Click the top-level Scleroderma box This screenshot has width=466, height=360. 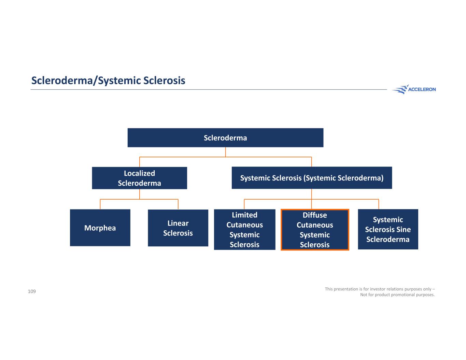pyautogui.click(x=225, y=138)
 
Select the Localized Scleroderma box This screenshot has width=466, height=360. pyautogui.click(x=139, y=178)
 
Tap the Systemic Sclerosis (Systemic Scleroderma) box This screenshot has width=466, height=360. pyautogui.click(x=312, y=178)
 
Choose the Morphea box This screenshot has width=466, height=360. pyautogui.click(x=100, y=228)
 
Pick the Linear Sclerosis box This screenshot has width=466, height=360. pyautogui.click(x=178, y=228)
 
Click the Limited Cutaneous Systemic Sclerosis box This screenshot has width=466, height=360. pyautogui.click(x=244, y=230)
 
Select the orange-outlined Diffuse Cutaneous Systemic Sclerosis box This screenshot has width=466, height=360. pyautogui.click(x=315, y=230)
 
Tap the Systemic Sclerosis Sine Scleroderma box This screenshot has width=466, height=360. pyautogui.click(x=388, y=229)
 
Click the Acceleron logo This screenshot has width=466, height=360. pyautogui.click(x=414, y=89)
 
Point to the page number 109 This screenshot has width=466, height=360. pyautogui.click(x=32, y=291)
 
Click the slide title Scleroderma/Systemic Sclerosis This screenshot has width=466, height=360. pyautogui.click(x=108, y=81)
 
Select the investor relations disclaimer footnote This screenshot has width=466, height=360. pyautogui.click(x=380, y=292)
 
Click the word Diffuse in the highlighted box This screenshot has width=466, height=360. pyautogui.click(x=315, y=215)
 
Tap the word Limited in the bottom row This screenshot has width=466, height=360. pyautogui.click(x=244, y=215)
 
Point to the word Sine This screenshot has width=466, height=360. pyautogui.click(x=404, y=229)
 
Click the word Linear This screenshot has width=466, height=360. pyautogui.click(x=178, y=223)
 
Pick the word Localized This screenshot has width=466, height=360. pyautogui.click(x=139, y=173)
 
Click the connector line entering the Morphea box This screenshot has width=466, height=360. pyautogui.click(x=100, y=204)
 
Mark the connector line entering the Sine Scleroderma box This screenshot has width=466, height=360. pyautogui.click(x=379, y=204)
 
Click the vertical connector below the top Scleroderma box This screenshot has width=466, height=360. pyautogui.click(x=225, y=152)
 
